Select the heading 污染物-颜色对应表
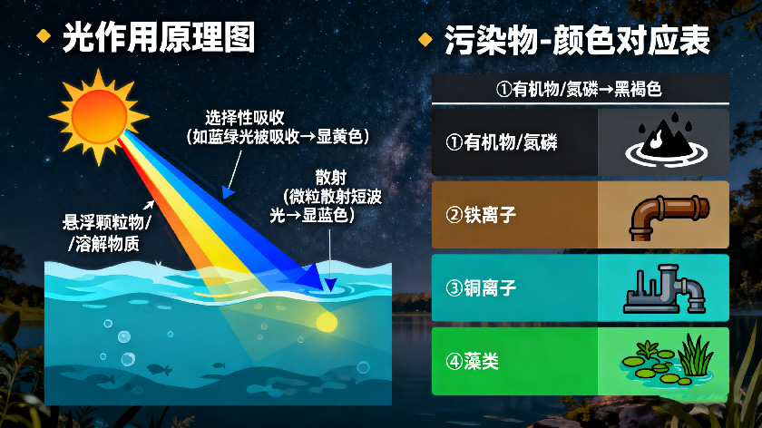(577, 40)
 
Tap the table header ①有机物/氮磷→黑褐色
(580, 89)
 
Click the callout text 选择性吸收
(245, 118)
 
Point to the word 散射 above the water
(330, 177)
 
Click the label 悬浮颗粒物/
(106, 223)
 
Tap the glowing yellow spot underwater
(326, 320)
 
